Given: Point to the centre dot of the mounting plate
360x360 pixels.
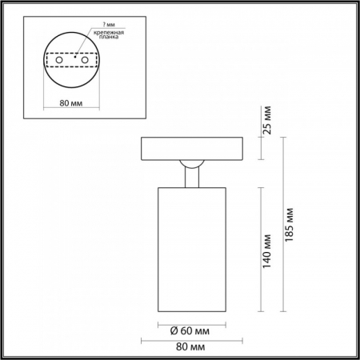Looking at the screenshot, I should pyautogui.click(x=74, y=58).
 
